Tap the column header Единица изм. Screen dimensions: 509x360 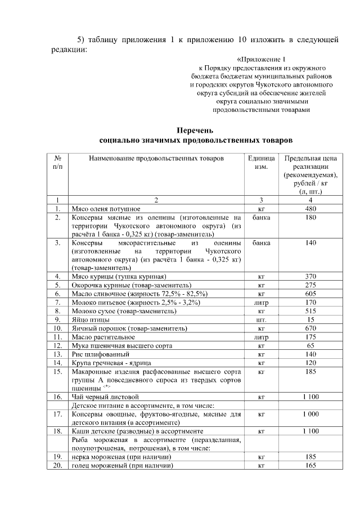coord(261,163)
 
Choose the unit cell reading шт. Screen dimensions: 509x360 coord(261,319)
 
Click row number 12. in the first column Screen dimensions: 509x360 coord(57,345)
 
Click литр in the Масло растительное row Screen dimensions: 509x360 coord(261,337)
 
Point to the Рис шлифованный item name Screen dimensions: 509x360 coord(100,354)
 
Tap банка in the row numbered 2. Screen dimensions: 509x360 coord(261,217)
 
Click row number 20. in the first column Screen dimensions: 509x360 coord(57,465)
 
